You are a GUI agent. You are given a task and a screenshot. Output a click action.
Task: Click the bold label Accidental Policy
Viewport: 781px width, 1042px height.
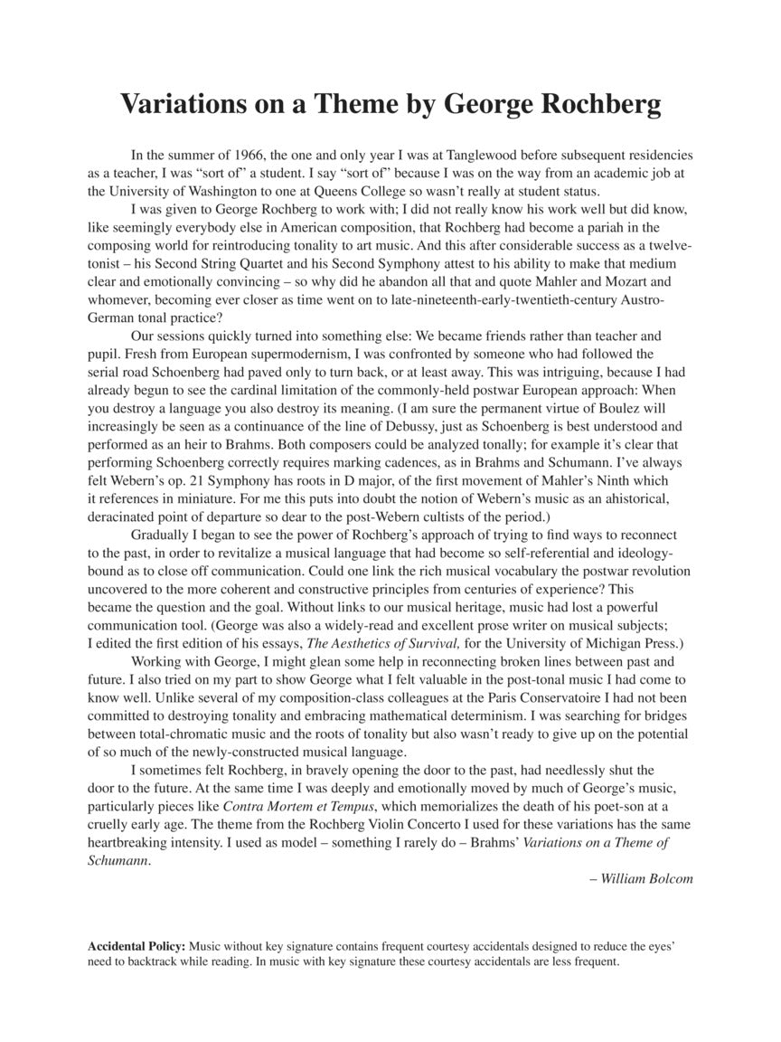click(x=136, y=945)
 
